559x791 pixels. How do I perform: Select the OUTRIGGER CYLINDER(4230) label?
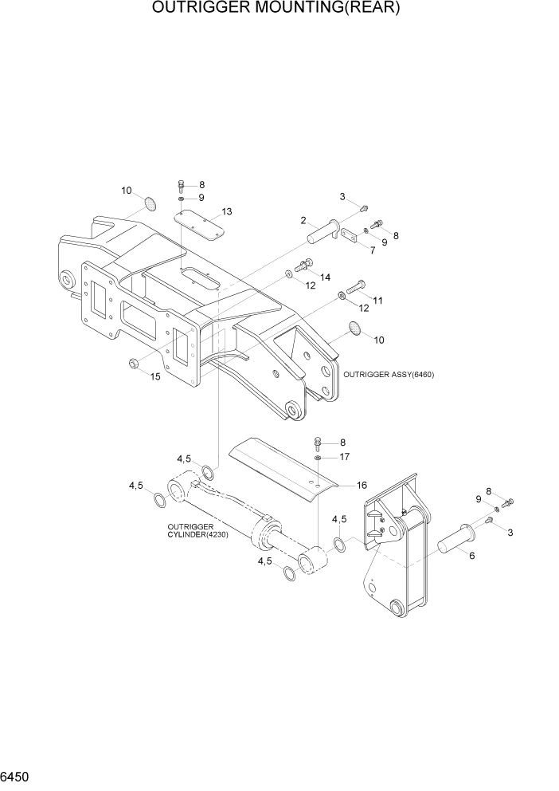click(x=197, y=530)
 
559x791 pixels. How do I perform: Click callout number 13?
click(x=227, y=211)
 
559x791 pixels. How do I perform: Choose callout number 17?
click(x=344, y=458)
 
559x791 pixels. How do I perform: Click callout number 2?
click(x=303, y=220)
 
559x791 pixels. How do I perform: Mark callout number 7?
click(x=371, y=250)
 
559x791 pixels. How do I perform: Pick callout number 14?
click(x=325, y=276)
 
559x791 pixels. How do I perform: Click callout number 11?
click(x=377, y=301)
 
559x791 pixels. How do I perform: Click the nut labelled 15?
click(x=133, y=364)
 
